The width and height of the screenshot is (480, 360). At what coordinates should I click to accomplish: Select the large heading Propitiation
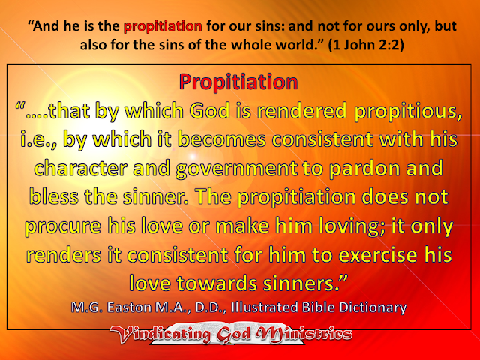click(x=239, y=80)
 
